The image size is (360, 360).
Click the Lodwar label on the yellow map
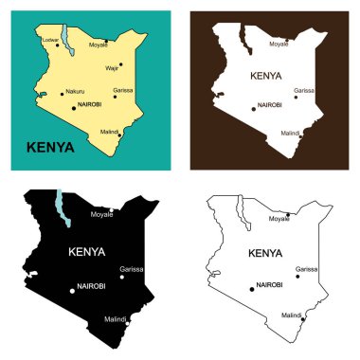[50, 39]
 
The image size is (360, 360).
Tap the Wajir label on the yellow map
[113, 69]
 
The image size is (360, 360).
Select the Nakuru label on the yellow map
[75, 92]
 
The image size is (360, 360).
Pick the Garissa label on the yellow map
[122, 90]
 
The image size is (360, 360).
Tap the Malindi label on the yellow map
[109, 131]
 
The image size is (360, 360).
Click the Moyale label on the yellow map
[99, 45]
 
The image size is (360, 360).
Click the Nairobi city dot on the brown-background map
[253, 108]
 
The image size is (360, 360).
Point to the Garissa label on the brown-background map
[303, 91]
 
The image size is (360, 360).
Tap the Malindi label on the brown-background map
[291, 134]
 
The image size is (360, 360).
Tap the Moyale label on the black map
[101, 215]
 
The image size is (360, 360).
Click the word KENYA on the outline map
[264, 253]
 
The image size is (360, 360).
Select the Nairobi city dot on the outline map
[252, 288]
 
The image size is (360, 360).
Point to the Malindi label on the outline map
[290, 315]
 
